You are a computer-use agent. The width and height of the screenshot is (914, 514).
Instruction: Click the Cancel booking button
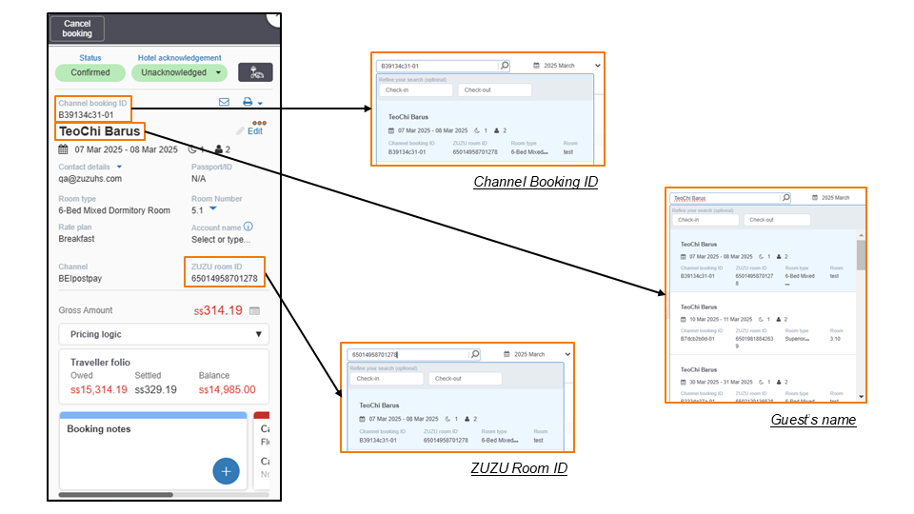(77, 29)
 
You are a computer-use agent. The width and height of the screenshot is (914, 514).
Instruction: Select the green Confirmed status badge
(90, 72)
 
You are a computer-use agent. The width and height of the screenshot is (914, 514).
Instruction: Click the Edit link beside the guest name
(254, 131)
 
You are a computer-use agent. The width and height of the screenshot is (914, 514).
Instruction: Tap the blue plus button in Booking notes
(226, 470)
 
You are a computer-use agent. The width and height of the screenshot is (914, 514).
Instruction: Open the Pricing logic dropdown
(164, 334)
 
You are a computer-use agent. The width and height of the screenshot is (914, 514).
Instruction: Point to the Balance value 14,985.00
(228, 389)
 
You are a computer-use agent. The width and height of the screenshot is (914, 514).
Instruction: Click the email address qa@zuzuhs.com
(90, 178)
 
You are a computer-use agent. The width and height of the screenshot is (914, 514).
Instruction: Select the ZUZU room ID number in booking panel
(225, 279)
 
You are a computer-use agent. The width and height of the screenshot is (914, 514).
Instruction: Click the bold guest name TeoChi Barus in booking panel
(100, 131)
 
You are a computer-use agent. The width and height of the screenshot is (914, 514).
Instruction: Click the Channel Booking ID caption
(535, 182)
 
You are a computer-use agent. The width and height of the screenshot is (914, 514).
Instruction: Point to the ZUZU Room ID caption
(519, 468)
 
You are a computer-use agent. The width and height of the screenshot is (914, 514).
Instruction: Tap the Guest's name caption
(813, 420)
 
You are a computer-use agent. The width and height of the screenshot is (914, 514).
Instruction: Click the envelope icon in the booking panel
(225, 102)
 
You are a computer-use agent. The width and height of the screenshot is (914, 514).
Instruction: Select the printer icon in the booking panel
(248, 102)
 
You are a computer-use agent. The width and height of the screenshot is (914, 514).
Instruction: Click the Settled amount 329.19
(156, 389)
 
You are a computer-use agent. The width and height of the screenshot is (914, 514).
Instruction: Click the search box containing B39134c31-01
(437, 66)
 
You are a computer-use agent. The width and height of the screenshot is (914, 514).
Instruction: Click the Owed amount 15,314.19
(99, 389)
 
